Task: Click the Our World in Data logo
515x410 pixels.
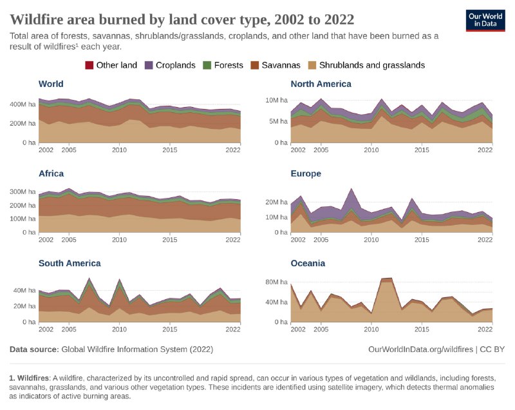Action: point(485,20)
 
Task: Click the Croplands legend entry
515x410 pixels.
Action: point(170,65)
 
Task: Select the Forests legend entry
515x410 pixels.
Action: point(223,65)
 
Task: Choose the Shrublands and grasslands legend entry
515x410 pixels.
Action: point(366,65)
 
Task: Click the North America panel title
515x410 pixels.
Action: point(321,84)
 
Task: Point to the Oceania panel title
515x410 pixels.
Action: point(308,263)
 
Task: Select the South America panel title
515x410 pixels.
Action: point(70,263)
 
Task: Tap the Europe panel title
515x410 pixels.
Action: point(306,173)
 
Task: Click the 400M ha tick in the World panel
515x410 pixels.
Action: point(22,104)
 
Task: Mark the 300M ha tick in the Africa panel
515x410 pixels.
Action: point(22,192)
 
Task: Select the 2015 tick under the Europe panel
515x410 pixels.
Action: point(422,240)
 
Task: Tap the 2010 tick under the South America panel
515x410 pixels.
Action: point(119,329)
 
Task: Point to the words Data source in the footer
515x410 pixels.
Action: point(33,349)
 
